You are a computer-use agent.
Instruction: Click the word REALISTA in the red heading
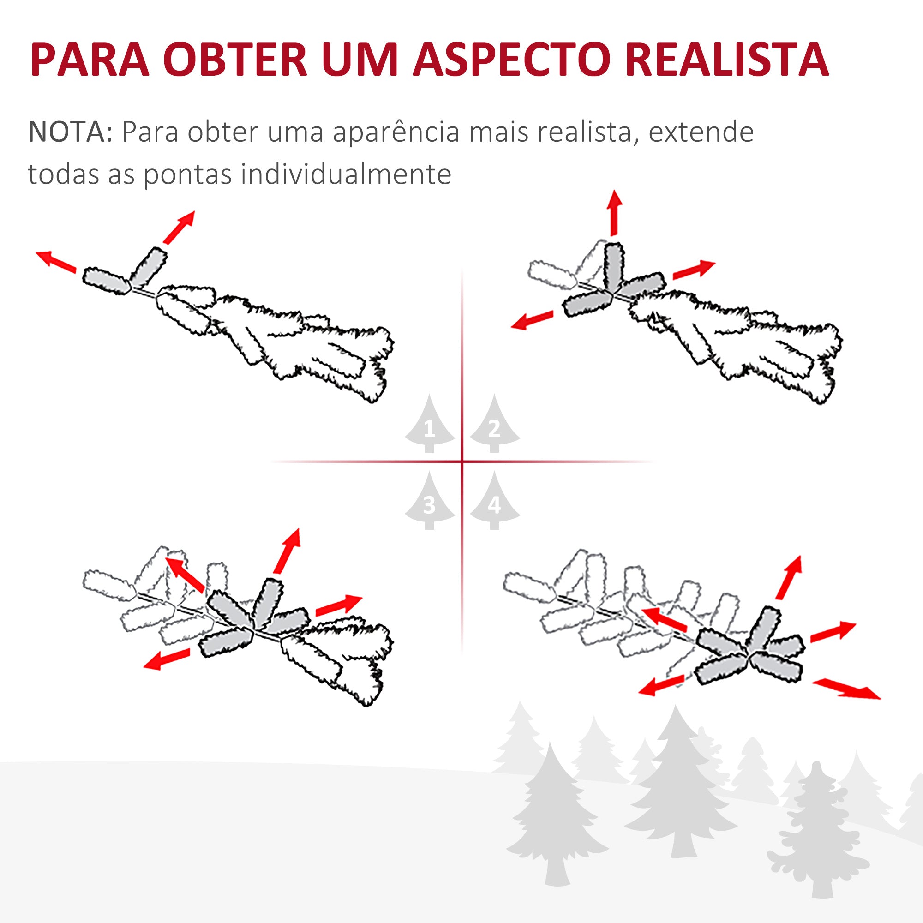click(x=727, y=60)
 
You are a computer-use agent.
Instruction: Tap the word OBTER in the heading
click(x=234, y=60)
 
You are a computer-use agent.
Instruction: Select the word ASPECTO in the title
click(x=510, y=60)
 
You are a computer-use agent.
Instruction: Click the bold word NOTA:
click(x=70, y=132)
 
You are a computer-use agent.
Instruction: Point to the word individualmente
click(x=346, y=174)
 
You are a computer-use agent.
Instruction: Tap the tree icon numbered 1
click(x=430, y=424)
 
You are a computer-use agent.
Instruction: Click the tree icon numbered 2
click(x=494, y=424)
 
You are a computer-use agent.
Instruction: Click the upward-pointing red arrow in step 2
click(x=614, y=213)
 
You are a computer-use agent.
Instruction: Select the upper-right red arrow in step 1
click(x=179, y=228)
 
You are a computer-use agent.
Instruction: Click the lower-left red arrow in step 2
click(x=532, y=320)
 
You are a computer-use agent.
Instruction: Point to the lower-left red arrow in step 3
click(x=167, y=659)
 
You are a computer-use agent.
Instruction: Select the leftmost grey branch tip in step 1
click(x=107, y=281)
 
